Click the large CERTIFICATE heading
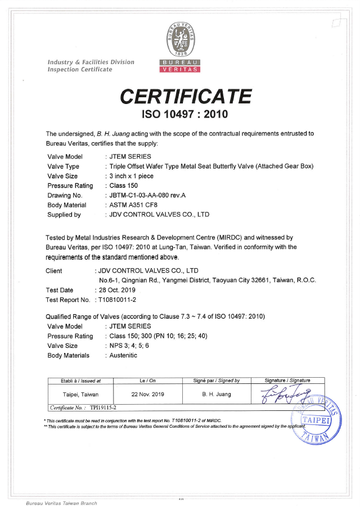(x=186, y=96)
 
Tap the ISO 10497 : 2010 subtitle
(x=186, y=115)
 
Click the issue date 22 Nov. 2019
(x=147, y=394)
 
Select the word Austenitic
(x=123, y=355)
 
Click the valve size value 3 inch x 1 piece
(x=133, y=176)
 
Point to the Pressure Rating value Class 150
(x=124, y=185)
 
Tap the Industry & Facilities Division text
(x=91, y=62)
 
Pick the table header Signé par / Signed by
(x=217, y=381)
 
